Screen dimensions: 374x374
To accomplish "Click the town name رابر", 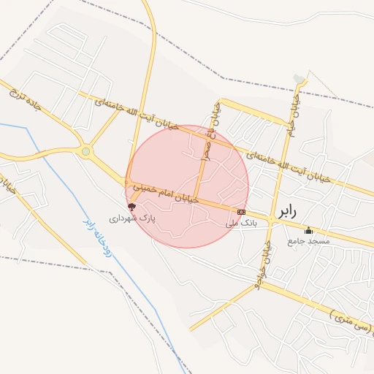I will (x=287, y=212).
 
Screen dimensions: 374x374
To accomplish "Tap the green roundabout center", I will (x=86, y=152).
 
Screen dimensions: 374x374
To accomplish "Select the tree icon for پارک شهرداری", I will (x=131, y=207).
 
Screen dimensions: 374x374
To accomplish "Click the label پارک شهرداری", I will (x=133, y=218).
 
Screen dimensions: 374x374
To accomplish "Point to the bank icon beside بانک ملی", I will (x=241, y=212).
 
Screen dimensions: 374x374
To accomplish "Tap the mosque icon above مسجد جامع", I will (x=308, y=231).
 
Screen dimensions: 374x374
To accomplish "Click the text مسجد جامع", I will (x=308, y=241).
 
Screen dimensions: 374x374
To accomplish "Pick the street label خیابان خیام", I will (x=294, y=110).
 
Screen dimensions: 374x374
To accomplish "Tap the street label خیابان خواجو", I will (x=260, y=270).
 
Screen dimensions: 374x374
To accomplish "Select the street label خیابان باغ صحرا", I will (x=213, y=131).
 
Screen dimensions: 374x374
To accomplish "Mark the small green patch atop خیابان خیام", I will (x=299, y=79).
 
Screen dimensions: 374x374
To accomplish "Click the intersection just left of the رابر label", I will (x=270, y=218).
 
